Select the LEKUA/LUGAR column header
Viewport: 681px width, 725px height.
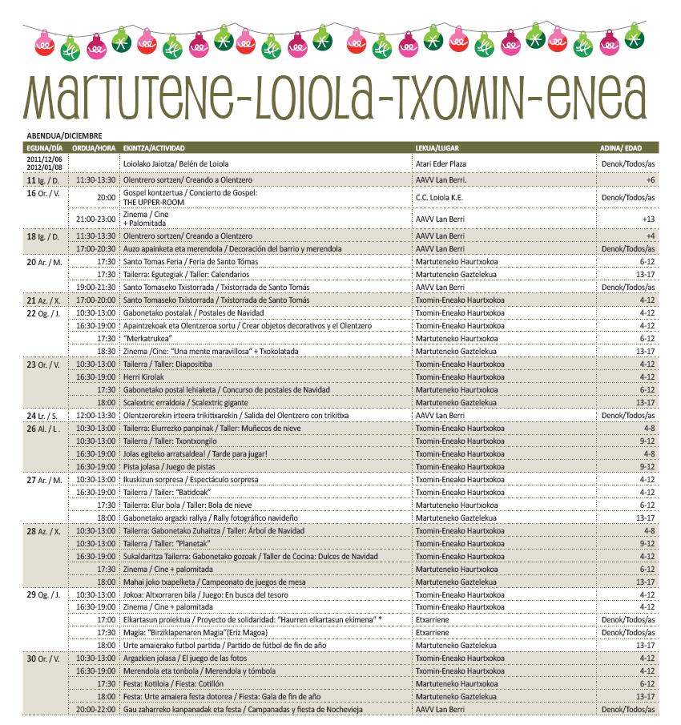tap(437, 148)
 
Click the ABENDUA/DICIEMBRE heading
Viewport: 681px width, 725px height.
tap(64, 135)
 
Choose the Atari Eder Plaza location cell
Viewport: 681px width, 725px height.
tap(441, 164)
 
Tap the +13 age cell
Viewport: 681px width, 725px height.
tap(648, 219)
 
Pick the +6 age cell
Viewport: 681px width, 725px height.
tap(651, 181)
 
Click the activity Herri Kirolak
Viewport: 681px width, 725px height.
tap(143, 377)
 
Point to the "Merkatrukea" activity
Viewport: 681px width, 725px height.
tap(146, 339)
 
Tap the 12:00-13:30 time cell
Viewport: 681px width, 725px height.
tap(95, 416)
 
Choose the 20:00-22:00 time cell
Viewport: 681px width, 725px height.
tap(95, 709)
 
